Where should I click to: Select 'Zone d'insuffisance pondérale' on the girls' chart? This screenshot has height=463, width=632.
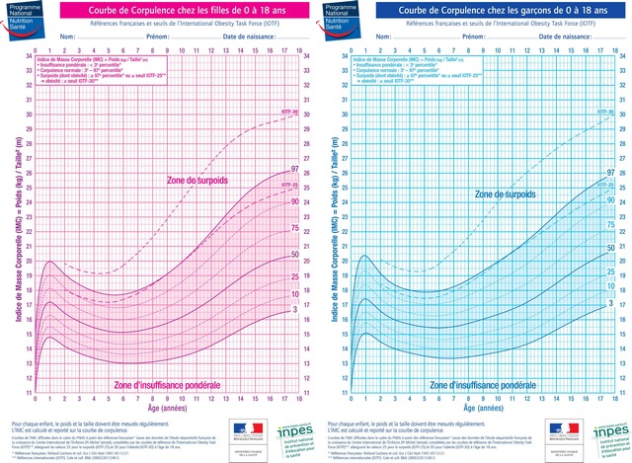(x=167, y=385)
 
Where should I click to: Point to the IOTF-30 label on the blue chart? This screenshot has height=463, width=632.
(x=604, y=113)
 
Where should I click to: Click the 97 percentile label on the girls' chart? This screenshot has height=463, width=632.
(x=294, y=171)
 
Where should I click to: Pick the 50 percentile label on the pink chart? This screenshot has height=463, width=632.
(x=294, y=256)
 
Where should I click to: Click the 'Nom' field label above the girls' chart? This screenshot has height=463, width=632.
(x=67, y=37)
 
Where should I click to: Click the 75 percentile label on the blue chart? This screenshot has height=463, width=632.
(x=610, y=225)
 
